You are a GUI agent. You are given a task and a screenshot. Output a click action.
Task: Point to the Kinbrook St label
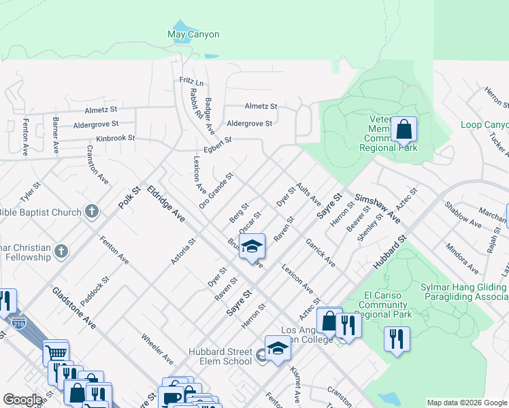(x=115, y=139)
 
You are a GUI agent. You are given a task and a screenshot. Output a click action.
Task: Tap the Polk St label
(x=127, y=199)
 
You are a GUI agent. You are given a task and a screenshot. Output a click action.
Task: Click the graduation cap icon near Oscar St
(x=251, y=247)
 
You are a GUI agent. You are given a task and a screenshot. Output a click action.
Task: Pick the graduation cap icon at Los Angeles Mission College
(x=278, y=349)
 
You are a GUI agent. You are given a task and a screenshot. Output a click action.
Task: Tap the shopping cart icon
(x=56, y=353)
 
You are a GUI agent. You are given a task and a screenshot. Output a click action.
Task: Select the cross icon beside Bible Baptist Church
(x=91, y=212)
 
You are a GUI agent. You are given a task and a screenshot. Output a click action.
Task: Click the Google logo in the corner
(x=22, y=400)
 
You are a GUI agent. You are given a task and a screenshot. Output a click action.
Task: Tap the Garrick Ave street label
(x=320, y=252)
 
